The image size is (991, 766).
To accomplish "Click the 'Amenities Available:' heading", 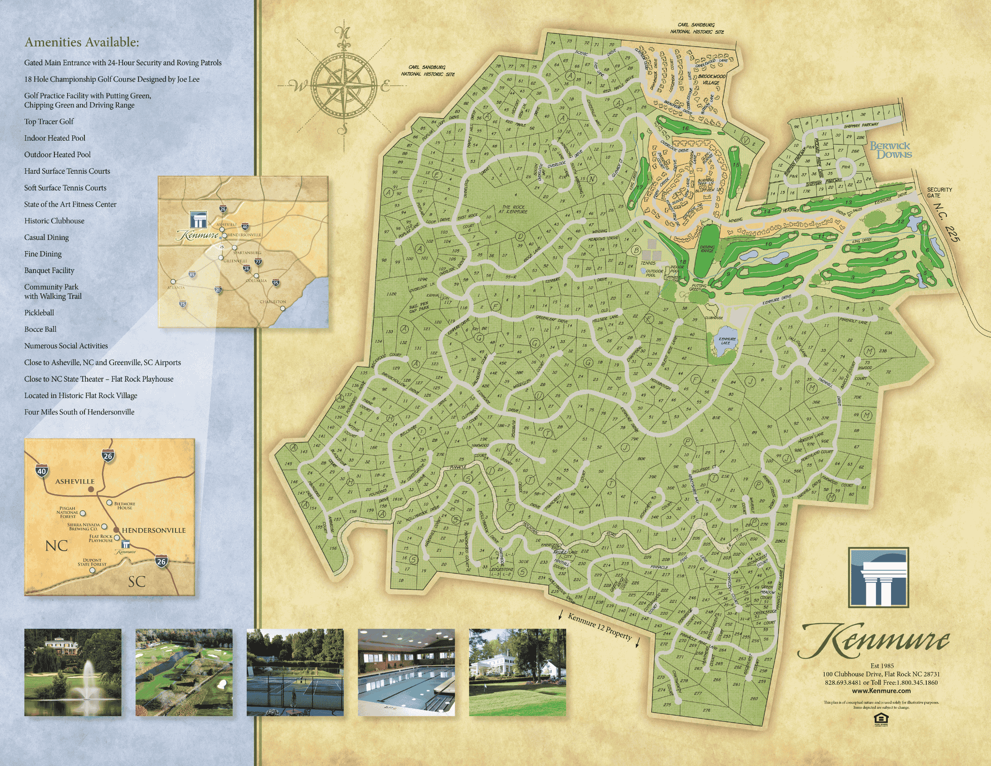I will tap(82, 42).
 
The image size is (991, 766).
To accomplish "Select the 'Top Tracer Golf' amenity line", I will tap(49, 122).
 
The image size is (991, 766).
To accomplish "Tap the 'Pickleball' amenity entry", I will tap(39, 313).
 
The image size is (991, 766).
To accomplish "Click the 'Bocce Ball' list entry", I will tap(40, 329).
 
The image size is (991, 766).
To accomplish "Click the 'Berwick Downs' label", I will tap(891, 150).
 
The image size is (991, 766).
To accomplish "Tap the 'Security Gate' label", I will tap(939, 192).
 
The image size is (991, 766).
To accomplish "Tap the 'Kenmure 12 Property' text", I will tap(599, 626).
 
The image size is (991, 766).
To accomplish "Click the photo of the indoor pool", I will tap(406, 672).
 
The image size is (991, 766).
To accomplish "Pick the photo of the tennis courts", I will tap(295, 672).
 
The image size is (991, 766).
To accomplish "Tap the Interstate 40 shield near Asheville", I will tap(41, 471).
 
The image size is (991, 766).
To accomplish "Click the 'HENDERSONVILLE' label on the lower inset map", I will tap(153, 530).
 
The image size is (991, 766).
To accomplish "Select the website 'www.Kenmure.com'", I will tap(881, 690).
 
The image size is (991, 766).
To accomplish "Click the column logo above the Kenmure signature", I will tap(878, 577).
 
